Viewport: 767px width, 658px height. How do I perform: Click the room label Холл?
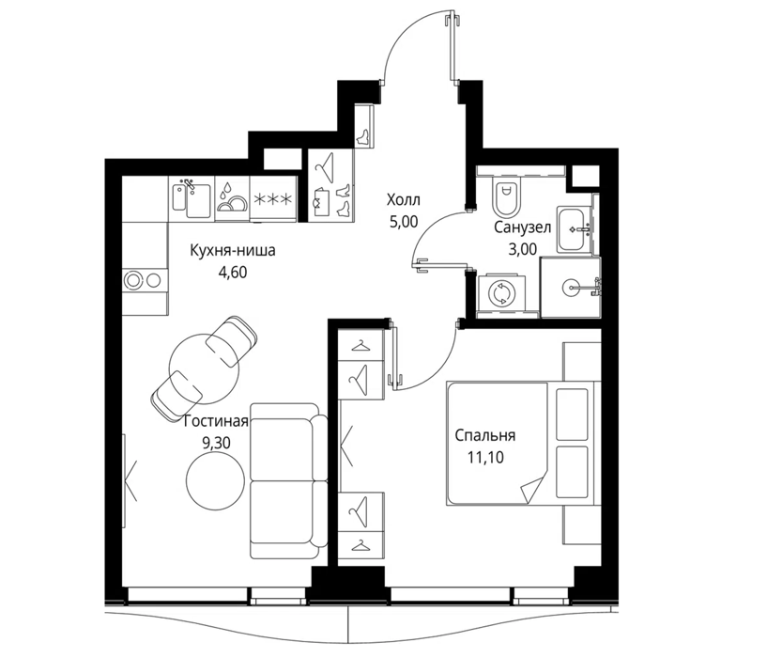coord(403,200)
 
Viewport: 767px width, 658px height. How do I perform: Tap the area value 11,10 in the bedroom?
coord(485,457)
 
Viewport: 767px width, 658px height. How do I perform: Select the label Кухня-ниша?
coord(233,250)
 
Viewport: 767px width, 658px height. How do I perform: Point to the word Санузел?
coord(522,227)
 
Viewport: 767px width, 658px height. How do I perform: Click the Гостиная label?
coord(216,421)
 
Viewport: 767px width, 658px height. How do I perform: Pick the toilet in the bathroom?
coord(506,197)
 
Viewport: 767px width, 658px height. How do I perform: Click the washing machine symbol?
coord(501,293)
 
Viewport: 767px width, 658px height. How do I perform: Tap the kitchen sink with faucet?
coord(192,198)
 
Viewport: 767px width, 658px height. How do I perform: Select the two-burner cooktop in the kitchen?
coord(145,280)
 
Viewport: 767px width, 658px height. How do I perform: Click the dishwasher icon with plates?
coord(232,198)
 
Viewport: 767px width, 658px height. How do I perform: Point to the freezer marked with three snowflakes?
coord(273,199)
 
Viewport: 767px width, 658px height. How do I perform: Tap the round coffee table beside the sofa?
coord(215,480)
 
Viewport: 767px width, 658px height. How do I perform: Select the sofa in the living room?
coord(288,480)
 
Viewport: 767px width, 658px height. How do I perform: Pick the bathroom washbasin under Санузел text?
coord(575,229)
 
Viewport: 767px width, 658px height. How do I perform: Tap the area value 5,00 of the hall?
coord(404,222)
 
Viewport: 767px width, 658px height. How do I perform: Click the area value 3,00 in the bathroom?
coord(522,249)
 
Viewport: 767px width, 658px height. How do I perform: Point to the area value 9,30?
coord(216,444)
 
